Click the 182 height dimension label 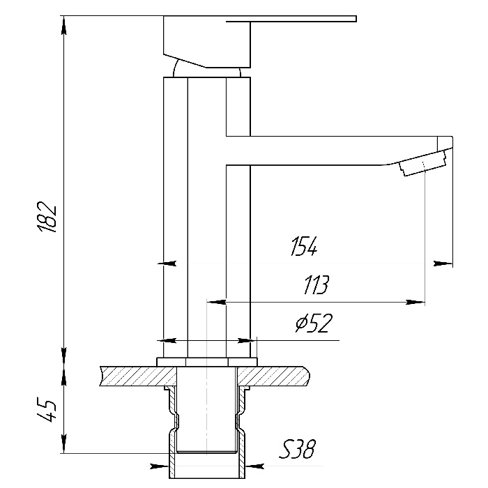[47, 217]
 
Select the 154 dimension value [304, 247]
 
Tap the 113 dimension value [316, 284]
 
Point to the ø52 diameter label [314, 323]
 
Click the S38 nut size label [297, 449]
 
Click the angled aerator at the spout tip [423, 162]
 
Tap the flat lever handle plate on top [291, 19]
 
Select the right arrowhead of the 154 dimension [443, 264]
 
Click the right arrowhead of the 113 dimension [415, 302]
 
